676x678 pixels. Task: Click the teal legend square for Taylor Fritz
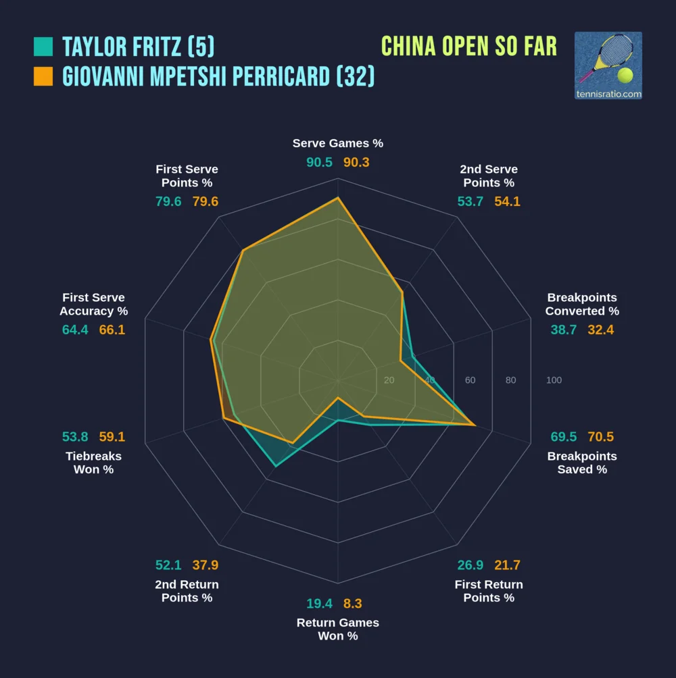43,47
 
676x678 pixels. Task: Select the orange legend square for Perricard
43,76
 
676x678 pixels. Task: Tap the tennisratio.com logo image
608,66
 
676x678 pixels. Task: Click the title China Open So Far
469,47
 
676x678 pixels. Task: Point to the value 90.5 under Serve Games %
319,162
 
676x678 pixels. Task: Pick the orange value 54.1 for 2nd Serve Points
507,201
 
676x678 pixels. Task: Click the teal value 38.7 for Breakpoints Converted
564,330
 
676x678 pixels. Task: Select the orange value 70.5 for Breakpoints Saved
601,436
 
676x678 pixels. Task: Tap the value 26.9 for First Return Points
470,565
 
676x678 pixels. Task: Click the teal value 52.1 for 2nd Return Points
168,565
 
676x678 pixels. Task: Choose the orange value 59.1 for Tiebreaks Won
112,436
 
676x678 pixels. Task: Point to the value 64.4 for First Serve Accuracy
75,330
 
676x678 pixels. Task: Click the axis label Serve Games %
338,143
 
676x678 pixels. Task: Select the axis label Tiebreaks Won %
93,463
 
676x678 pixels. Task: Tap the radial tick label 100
554,380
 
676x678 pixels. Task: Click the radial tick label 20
389,380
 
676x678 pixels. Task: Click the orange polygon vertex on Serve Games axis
338,199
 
